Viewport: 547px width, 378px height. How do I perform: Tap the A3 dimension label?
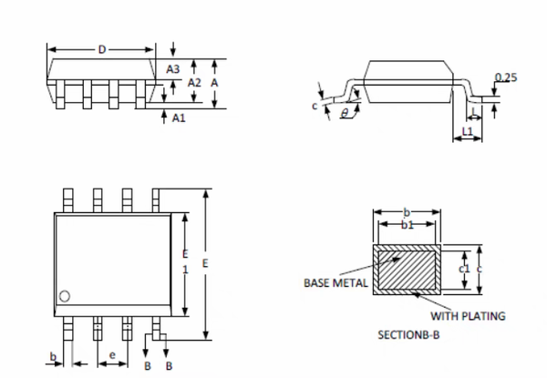click(173, 68)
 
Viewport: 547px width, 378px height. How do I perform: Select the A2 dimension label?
click(193, 82)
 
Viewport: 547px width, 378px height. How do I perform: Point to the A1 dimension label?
click(179, 117)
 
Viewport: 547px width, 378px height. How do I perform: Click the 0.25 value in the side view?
click(506, 77)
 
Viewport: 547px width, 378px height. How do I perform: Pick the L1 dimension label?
click(468, 132)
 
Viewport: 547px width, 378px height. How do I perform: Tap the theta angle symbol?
click(344, 114)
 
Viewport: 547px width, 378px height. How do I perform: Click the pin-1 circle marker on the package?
click(66, 295)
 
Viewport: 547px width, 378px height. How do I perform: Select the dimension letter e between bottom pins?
click(112, 353)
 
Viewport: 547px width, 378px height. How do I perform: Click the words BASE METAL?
click(335, 282)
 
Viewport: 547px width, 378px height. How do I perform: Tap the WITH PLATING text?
click(468, 316)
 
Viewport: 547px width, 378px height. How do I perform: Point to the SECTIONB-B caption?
click(408, 335)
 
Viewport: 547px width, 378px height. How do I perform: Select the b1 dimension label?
click(408, 224)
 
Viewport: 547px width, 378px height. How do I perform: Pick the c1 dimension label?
click(463, 269)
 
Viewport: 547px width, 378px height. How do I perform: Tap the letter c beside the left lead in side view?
click(314, 106)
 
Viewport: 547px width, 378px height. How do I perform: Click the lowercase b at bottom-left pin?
click(54, 355)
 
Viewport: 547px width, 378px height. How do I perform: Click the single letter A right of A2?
click(213, 82)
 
